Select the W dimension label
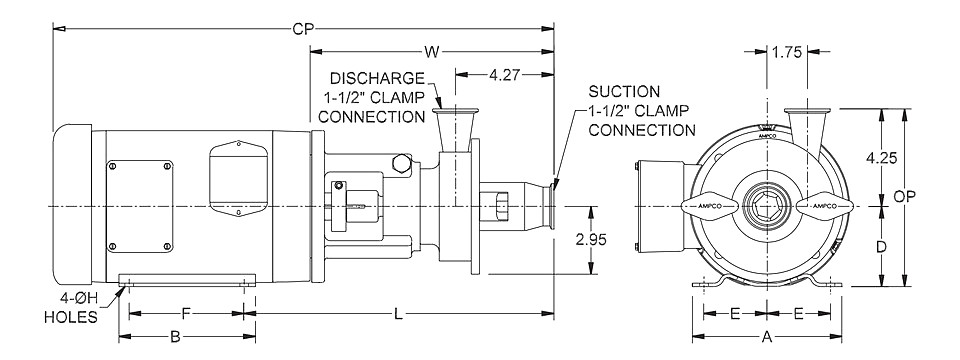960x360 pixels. pos(432,52)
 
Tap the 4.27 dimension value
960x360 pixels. pos(504,75)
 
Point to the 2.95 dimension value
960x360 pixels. pos(590,239)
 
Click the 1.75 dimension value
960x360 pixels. pos(787,53)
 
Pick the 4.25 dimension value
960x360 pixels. pos(881,157)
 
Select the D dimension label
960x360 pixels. pos(881,247)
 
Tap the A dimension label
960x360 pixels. pos(767,336)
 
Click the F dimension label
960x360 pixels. pos(186,313)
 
